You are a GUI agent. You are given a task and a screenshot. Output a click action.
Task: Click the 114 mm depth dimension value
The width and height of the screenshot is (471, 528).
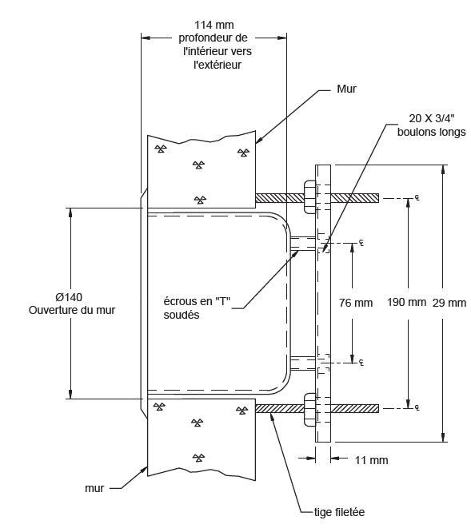pyautogui.click(x=214, y=25)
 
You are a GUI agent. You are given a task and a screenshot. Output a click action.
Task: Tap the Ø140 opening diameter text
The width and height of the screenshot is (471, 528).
pyautogui.click(x=69, y=297)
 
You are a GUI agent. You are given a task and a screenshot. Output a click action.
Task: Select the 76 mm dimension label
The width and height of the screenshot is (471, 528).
pyautogui.click(x=356, y=303)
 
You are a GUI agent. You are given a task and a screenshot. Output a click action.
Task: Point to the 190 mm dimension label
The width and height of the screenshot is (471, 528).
pyautogui.click(x=406, y=302)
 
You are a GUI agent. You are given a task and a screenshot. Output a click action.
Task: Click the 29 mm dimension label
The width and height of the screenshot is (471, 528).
pyautogui.click(x=449, y=303)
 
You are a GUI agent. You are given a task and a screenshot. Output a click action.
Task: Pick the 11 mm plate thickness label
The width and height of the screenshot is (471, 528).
pyautogui.click(x=372, y=460)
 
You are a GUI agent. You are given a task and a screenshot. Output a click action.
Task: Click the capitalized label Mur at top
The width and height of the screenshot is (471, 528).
pyautogui.click(x=346, y=89)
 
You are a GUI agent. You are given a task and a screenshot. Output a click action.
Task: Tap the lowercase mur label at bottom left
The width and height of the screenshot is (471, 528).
pyautogui.click(x=94, y=488)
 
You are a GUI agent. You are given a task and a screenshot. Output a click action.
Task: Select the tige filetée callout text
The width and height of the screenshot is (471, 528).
pyautogui.click(x=340, y=512)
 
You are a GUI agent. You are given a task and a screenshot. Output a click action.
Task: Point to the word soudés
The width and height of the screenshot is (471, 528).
pyautogui.click(x=182, y=315)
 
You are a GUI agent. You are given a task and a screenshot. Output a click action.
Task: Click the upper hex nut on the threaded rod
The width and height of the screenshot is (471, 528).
pyautogui.click(x=309, y=197)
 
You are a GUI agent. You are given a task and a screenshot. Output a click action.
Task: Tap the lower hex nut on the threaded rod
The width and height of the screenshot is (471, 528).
pyautogui.click(x=309, y=409)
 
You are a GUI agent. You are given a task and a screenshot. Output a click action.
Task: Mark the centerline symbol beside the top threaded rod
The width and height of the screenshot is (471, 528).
pyautogui.click(x=417, y=198)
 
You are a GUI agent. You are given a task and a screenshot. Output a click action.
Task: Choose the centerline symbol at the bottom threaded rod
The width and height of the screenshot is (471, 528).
pyautogui.click(x=417, y=408)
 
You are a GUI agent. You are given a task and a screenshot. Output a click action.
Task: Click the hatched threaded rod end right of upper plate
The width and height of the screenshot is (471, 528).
pyautogui.click(x=355, y=198)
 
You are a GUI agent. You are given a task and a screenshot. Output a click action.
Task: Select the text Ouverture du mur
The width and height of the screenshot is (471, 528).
pyautogui.click(x=72, y=310)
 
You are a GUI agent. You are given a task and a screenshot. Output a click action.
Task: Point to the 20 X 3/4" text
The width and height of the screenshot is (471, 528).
pyautogui.click(x=432, y=118)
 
